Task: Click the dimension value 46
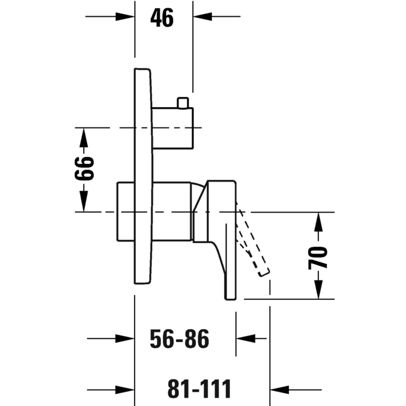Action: click(x=162, y=17)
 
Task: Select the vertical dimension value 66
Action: click(x=84, y=168)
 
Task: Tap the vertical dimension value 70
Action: click(x=318, y=258)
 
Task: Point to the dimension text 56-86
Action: click(x=179, y=339)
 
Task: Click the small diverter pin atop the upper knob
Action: click(x=183, y=103)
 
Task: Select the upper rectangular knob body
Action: click(x=173, y=128)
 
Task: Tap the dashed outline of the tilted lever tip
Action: click(x=264, y=273)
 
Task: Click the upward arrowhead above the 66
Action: click(x=83, y=138)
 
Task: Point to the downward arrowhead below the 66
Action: click(x=83, y=201)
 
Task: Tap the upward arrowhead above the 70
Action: click(x=318, y=222)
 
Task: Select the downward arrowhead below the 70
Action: click(x=318, y=289)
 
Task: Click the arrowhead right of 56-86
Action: click(x=246, y=339)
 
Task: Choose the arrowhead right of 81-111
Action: click(x=280, y=389)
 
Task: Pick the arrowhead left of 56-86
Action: click(x=125, y=339)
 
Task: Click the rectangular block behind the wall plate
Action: click(x=126, y=212)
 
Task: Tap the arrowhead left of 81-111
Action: click(x=125, y=389)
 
